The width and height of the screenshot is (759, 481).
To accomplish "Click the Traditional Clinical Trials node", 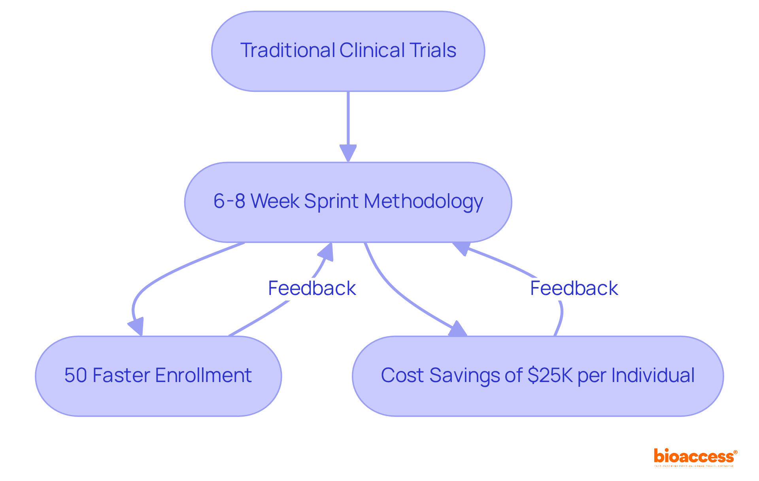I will pyautogui.click(x=348, y=51).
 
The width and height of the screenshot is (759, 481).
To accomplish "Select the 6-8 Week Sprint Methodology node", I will pyautogui.click(x=348, y=202).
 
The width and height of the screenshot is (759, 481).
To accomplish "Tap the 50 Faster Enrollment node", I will pyautogui.click(x=158, y=376).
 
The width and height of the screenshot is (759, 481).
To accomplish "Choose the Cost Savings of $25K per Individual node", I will pyautogui.click(x=538, y=376).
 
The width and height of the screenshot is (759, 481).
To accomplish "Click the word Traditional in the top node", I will pyautogui.click(x=287, y=51).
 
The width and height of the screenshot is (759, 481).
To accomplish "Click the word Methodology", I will pyautogui.click(x=423, y=202).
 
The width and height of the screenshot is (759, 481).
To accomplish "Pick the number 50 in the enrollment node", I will pyautogui.click(x=76, y=375).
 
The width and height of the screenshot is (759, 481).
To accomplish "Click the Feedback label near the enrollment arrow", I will pyautogui.click(x=312, y=288).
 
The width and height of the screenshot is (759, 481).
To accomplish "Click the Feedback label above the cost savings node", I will pyautogui.click(x=574, y=288).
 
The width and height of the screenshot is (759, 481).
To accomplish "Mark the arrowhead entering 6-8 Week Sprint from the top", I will pyautogui.click(x=348, y=154).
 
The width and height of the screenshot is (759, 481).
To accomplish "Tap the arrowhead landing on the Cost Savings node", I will pyautogui.click(x=458, y=329).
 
